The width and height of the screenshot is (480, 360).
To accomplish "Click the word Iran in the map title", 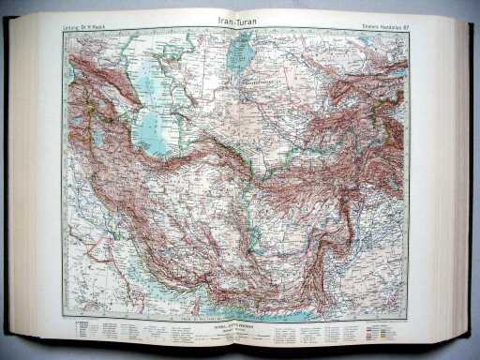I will click(222, 18).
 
